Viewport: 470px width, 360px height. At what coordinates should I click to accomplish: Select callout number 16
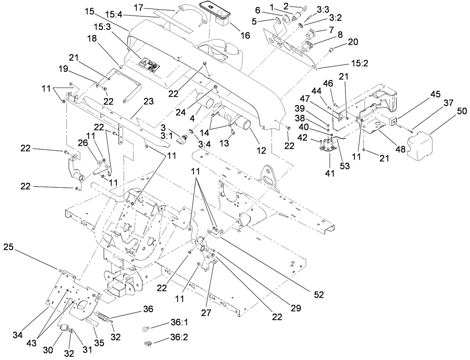coord(245,35)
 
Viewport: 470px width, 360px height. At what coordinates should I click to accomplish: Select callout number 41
coord(330,173)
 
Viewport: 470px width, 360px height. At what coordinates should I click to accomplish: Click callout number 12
coord(261,150)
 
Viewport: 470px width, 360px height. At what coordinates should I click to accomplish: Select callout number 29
coord(297,308)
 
